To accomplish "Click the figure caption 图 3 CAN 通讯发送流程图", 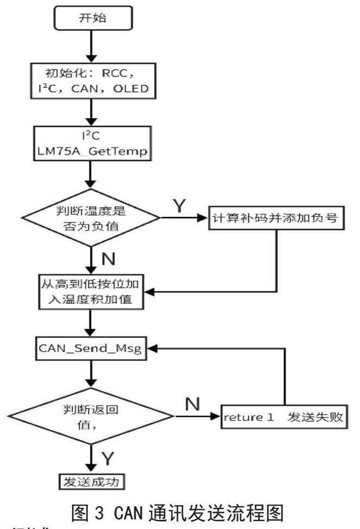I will click(x=179, y=509).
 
